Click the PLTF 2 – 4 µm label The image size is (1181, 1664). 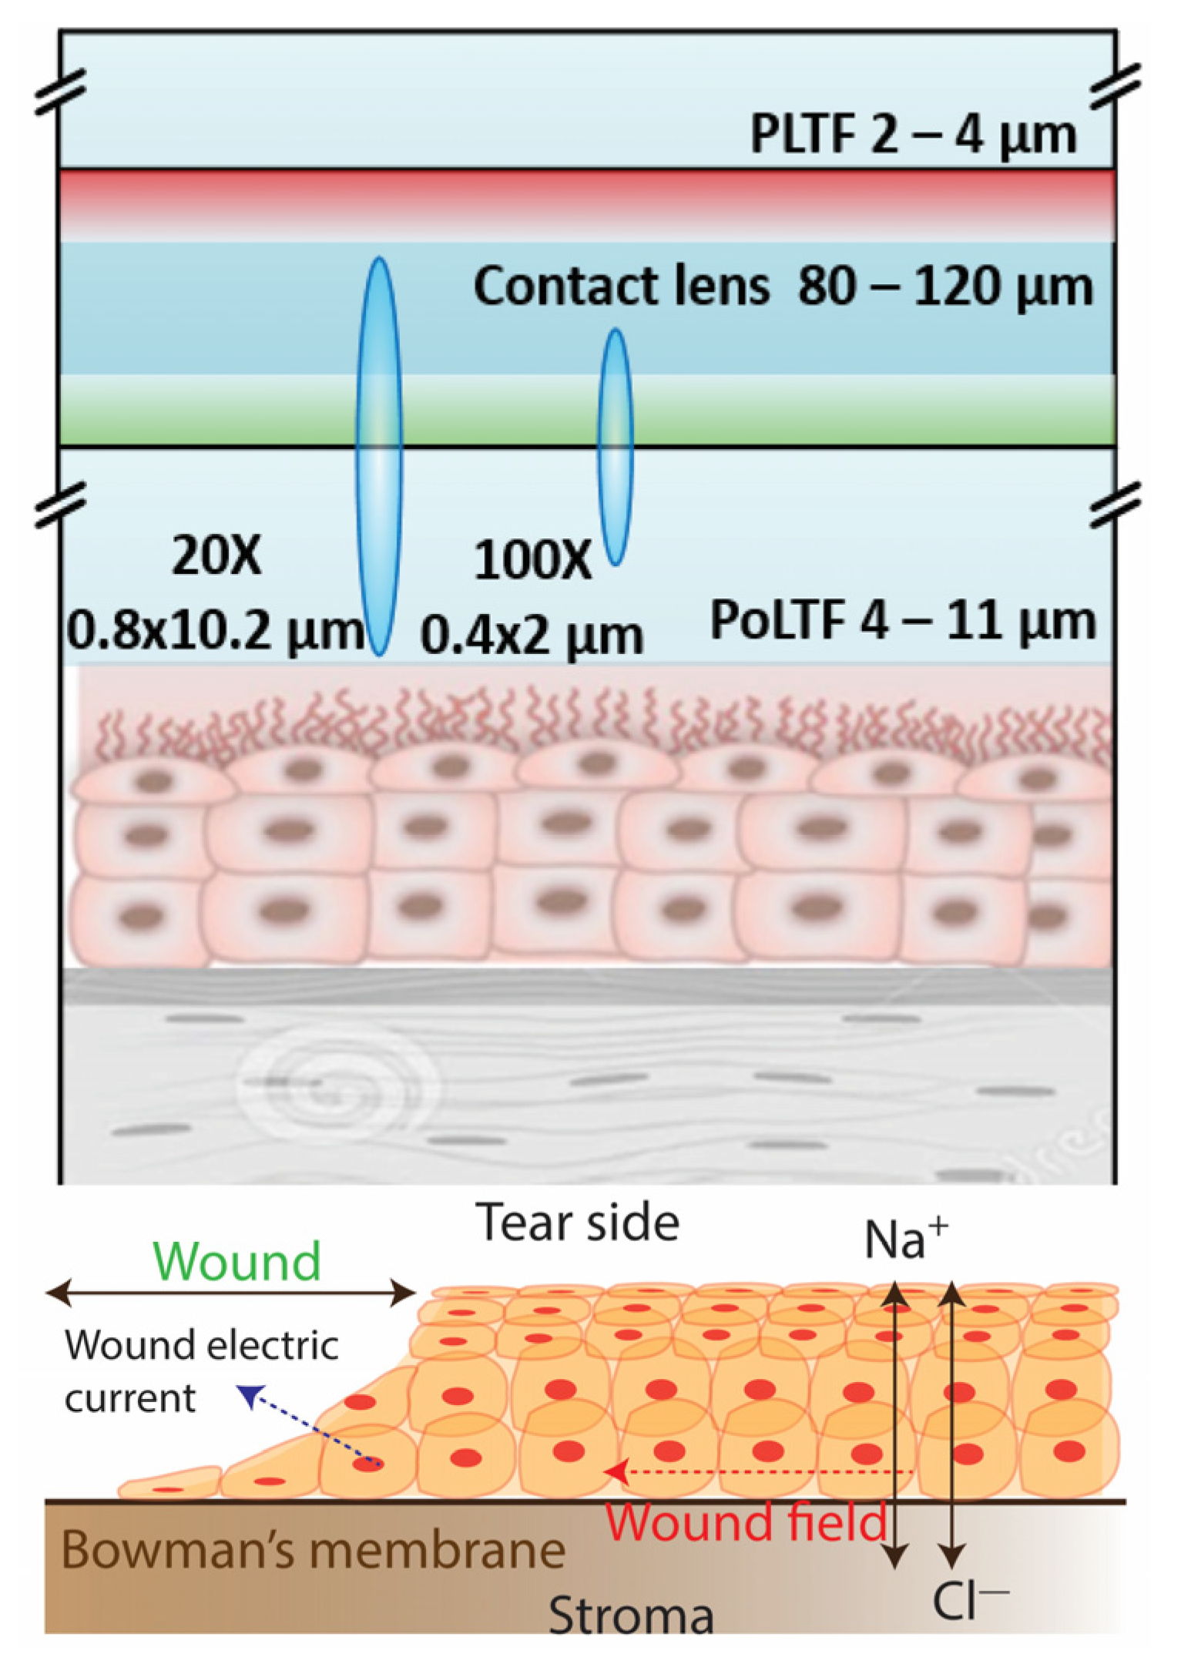(913, 136)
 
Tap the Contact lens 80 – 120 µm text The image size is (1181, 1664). (782, 287)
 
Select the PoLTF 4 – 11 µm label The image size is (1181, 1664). (902, 620)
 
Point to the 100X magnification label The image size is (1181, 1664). (532, 560)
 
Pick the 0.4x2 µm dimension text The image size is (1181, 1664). (532, 636)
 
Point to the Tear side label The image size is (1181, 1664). (578, 1223)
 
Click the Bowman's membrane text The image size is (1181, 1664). (313, 1550)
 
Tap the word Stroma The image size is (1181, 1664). (630, 1615)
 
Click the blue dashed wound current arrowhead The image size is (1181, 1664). (248, 1394)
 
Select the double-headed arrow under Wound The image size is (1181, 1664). (230, 1293)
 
